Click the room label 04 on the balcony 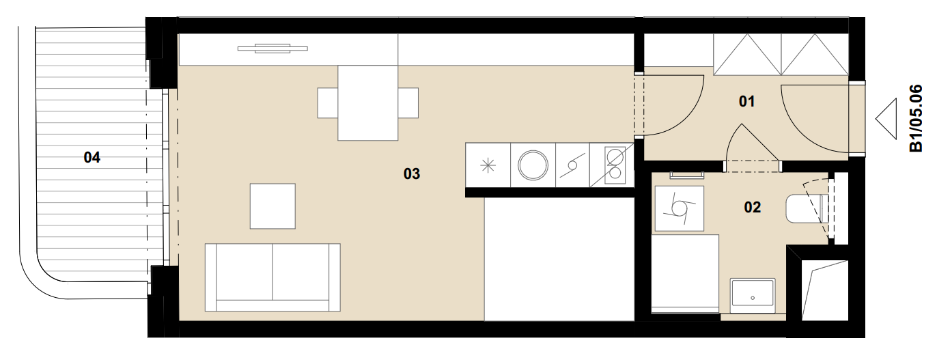tap(92, 157)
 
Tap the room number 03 tap(412, 174)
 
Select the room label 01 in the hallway tap(746, 101)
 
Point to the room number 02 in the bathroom tap(752, 207)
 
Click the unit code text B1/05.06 tap(916, 118)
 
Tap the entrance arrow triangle tap(886, 119)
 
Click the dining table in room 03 tap(367, 103)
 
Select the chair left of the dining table tap(328, 103)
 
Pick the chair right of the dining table tap(408, 103)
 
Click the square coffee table tap(272, 206)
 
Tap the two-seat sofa tap(272, 277)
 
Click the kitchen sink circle tap(533, 165)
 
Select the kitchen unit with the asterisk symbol tap(488, 165)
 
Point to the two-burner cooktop tap(615, 165)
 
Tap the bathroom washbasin tap(753, 296)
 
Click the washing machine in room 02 tap(680, 208)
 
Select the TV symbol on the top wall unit tap(272, 49)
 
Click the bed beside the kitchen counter tap(559, 259)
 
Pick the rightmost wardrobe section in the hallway tap(815, 55)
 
